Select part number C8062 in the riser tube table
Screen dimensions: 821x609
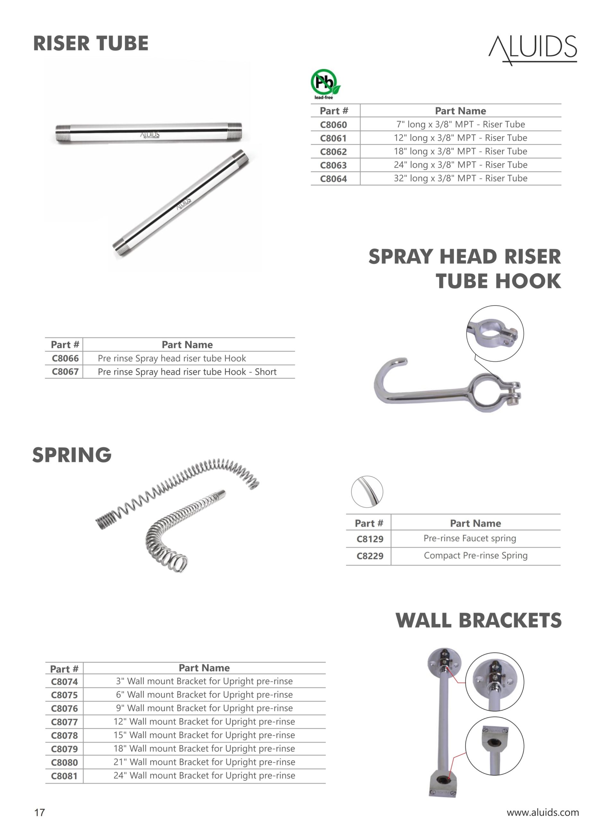(333, 151)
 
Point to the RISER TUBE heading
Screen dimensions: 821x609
(91, 44)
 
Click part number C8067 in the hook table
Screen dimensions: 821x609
(65, 371)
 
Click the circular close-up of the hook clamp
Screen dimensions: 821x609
(495, 334)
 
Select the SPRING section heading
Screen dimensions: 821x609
(72, 455)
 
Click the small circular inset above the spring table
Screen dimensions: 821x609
(367, 492)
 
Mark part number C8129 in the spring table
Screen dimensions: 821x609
(370, 539)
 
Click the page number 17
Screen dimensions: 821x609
(39, 812)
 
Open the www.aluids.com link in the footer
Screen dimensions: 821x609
(543, 812)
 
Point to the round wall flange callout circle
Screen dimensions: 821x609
(495, 682)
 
